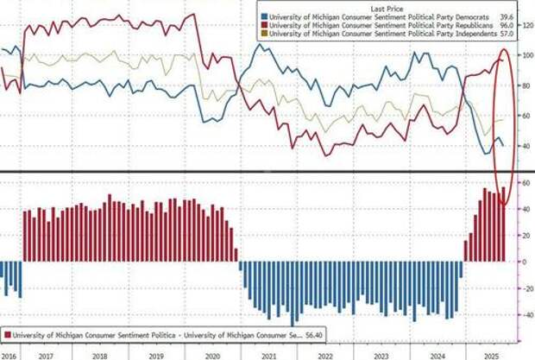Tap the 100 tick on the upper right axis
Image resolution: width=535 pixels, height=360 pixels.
pos(524,54)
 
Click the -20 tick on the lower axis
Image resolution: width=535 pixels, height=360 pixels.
pos(523,287)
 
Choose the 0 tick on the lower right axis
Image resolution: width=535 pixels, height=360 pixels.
pos(521,261)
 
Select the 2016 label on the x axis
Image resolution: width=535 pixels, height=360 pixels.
pos(9,354)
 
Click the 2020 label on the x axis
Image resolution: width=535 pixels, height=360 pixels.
pos(214,354)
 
